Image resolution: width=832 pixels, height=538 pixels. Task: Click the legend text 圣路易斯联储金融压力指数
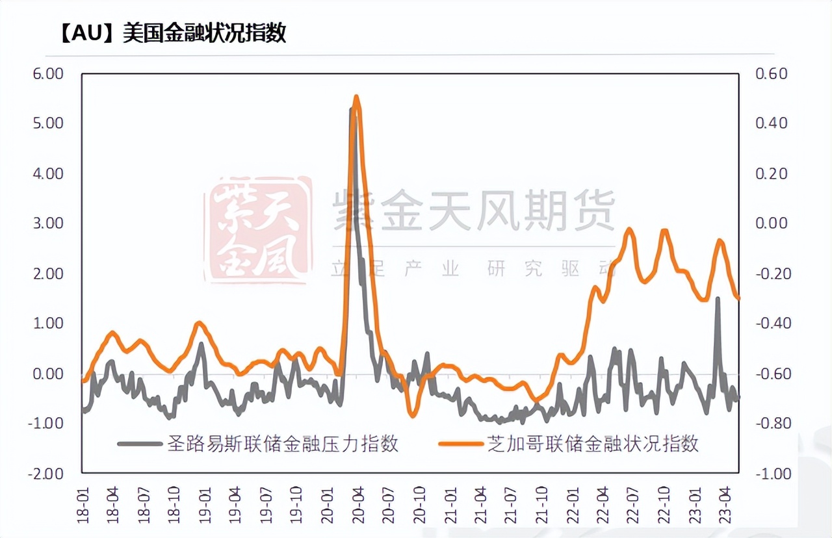(283, 444)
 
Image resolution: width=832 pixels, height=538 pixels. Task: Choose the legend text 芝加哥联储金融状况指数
(592, 444)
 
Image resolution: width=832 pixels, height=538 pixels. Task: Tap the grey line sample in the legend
(139, 444)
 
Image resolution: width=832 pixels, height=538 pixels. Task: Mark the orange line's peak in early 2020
(356, 97)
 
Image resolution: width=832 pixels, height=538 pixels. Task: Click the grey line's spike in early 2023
(718, 299)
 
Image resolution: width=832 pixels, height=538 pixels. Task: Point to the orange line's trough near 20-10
(411, 415)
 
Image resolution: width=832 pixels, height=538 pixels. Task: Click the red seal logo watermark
(257, 231)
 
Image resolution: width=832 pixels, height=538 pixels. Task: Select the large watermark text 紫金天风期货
(474, 209)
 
